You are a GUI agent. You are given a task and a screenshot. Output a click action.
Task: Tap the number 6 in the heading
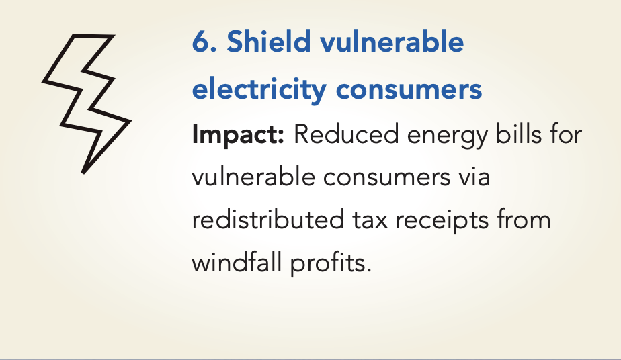coord(201,42)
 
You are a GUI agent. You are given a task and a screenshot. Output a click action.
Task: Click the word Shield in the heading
coord(268,41)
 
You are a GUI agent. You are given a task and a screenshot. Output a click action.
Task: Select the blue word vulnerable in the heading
coord(392,41)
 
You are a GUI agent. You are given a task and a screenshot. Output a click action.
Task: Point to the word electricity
coord(259,89)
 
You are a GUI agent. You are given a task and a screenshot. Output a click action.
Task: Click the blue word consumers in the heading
coord(409,90)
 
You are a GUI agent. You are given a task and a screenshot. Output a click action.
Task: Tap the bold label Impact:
coord(238,135)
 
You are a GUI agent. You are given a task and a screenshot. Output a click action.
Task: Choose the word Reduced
coord(345,134)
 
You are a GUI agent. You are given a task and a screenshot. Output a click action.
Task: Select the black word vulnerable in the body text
coord(253,177)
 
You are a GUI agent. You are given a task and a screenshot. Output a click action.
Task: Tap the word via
coord(474,177)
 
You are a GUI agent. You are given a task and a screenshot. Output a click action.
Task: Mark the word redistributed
coord(268,220)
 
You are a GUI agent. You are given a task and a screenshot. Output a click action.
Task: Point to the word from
coord(524,219)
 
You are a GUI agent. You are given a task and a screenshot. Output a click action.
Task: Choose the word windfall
coord(237,262)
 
